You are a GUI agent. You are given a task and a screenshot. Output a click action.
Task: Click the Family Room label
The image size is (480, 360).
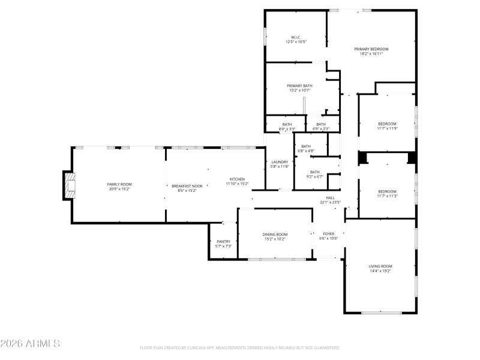tap(119, 184)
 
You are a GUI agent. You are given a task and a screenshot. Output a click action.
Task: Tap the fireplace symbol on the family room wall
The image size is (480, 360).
tap(70, 185)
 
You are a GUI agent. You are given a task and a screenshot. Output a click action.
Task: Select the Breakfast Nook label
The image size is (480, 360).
tap(184, 186)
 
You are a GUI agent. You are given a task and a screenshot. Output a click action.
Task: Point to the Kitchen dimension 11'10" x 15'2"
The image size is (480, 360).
tap(237, 184)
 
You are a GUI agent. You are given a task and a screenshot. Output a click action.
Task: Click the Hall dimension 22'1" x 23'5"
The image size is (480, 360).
tap(330, 202)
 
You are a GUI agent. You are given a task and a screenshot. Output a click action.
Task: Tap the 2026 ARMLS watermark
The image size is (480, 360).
tap(30, 344)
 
